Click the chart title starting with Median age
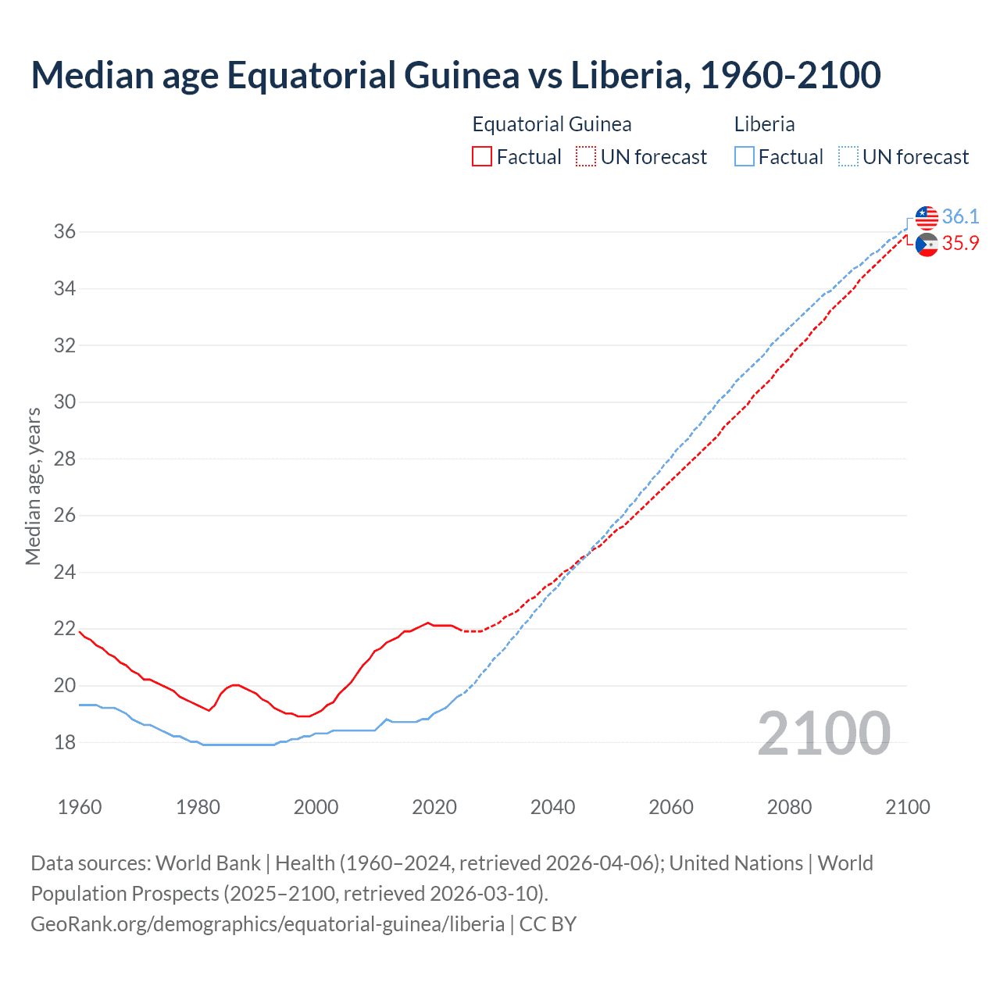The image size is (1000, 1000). (455, 75)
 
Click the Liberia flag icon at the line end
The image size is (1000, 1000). (927, 217)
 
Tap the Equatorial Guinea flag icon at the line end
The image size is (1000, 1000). (927, 245)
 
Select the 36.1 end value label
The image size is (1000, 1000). (960, 216)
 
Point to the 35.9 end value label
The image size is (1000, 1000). (960, 244)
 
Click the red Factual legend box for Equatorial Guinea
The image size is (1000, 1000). (482, 157)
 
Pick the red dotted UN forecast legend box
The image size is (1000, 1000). (586, 157)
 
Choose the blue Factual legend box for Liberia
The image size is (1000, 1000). (745, 157)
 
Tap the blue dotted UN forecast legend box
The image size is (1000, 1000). (848, 157)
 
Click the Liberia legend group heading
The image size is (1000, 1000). (764, 124)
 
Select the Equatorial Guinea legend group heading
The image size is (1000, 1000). (552, 124)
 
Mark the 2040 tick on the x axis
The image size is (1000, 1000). (552, 807)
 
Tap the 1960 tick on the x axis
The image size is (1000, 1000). (80, 807)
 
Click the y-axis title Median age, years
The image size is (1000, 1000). (33, 486)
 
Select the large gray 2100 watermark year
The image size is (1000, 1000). (823, 733)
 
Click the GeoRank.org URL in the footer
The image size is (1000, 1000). (267, 923)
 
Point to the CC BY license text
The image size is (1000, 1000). (548, 923)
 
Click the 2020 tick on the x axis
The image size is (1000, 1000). (434, 807)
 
